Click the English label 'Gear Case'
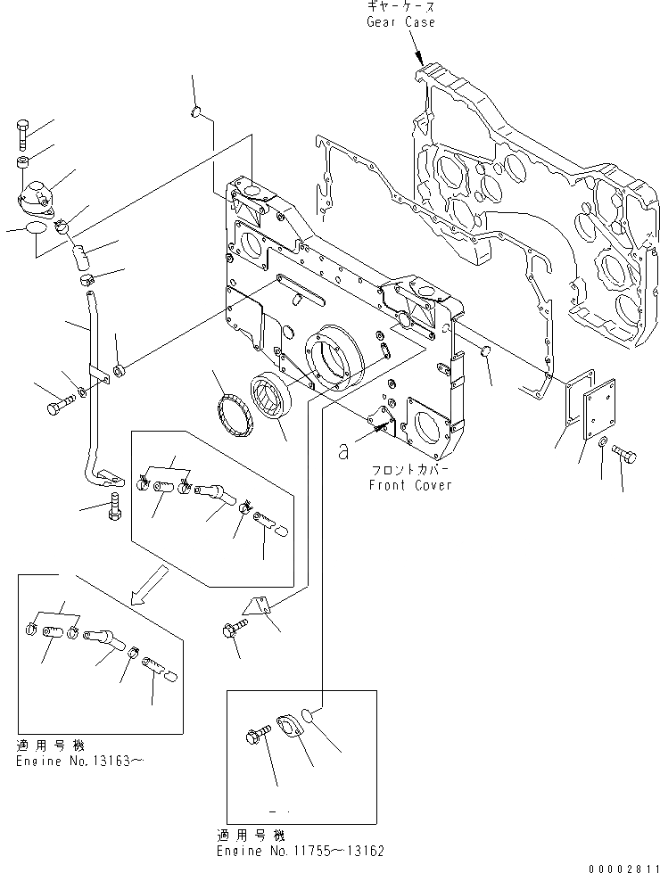(401, 21)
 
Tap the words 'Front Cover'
(410, 485)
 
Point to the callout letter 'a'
(344, 452)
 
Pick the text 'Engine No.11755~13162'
(301, 851)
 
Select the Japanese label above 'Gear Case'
(400, 6)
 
